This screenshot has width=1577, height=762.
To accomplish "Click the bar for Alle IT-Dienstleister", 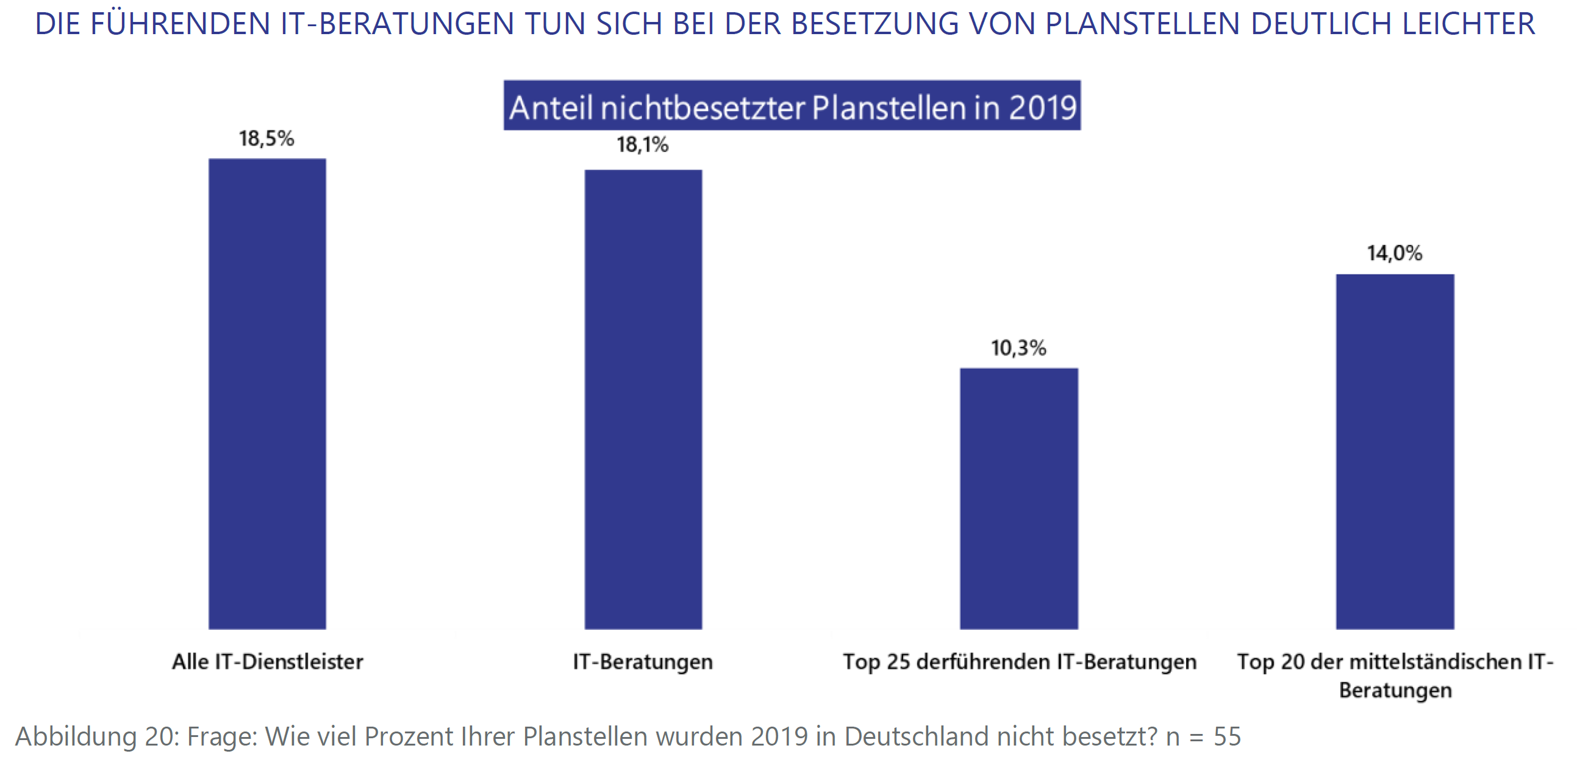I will coord(267,394).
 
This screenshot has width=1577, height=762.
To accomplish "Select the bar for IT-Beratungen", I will coord(643,399).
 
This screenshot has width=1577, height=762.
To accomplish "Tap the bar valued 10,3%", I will coord(1018,498).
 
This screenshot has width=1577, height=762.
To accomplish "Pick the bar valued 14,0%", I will coord(1395,451).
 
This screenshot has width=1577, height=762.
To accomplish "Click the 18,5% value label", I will coord(266,139).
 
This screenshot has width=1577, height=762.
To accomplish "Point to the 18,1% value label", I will coord(642,145).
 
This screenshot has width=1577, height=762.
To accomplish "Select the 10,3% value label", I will coord(1018,348).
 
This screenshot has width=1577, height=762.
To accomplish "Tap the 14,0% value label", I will coord(1395,254).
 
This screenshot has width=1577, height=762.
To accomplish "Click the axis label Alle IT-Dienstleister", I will coord(268,661).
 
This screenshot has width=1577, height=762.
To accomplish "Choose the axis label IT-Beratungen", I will coord(643,661).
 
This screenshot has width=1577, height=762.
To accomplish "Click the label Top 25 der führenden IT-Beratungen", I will coord(1019,661).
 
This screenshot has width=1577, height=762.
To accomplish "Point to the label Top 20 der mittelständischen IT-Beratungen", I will coord(1395,675).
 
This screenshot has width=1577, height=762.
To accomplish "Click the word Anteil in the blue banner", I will coord(551,108).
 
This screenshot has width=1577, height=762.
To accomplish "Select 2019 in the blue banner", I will coord(1043,108).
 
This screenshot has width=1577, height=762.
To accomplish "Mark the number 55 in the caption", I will coord(1227,736).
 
